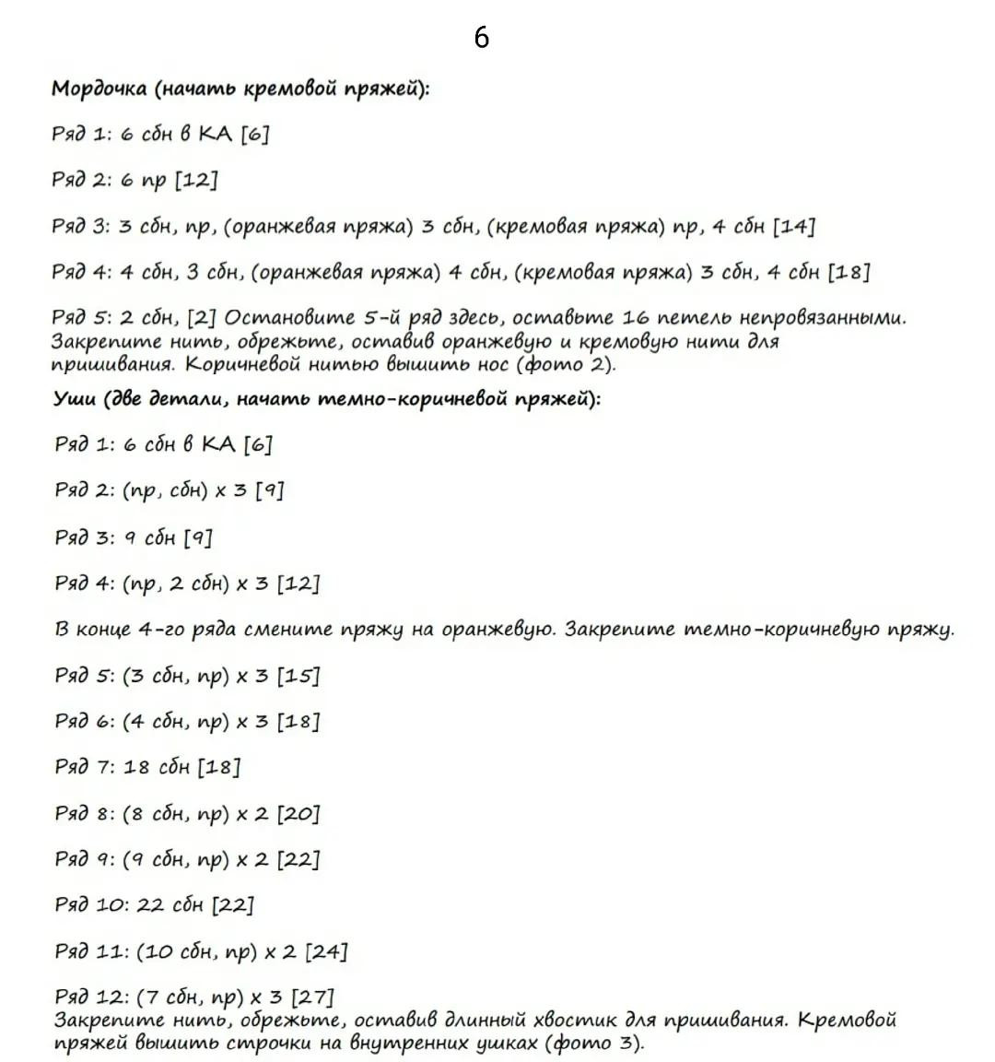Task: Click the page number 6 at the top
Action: click(481, 37)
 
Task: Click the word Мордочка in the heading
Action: click(99, 89)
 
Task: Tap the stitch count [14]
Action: click(793, 227)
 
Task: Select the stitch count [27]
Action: click(312, 997)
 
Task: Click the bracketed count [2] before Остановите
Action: click(202, 318)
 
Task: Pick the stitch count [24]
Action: click(326, 951)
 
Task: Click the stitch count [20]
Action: click(298, 813)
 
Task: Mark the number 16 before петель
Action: click(636, 318)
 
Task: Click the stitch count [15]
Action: click(298, 676)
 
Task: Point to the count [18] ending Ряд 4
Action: click(849, 272)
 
